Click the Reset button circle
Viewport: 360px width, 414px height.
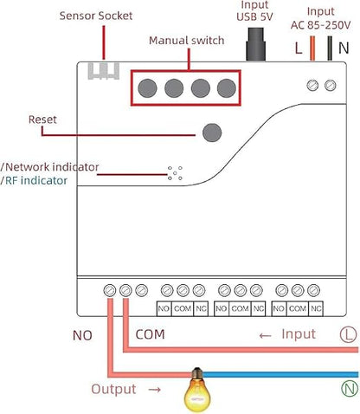click(x=212, y=133)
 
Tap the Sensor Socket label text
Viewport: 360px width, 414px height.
click(x=96, y=16)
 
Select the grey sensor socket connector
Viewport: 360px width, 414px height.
click(x=104, y=71)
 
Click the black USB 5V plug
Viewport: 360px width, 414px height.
click(x=255, y=44)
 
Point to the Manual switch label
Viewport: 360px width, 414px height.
click(x=187, y=41)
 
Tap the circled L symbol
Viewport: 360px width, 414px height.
click(x=349, y=334)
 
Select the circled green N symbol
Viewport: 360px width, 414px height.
click(x=350, y=388)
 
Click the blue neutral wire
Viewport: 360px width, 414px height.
click(x=280, y=375)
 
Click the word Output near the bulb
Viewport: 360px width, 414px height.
click(x=113, y=389)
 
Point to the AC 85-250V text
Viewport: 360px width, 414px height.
click(x=320, y=25)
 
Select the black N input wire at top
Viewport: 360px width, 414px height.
click(x=330, y=49)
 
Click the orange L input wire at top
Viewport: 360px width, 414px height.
click(x=312, y=49)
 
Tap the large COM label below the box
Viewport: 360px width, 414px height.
click(x=150, y=334)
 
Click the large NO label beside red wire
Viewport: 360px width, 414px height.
click(x=82, y=335)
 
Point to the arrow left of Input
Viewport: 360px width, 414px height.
click(x=265, y=336)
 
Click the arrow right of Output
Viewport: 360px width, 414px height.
click(x=155, y=390)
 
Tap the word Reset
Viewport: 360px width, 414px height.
click(x=42, y=120)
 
